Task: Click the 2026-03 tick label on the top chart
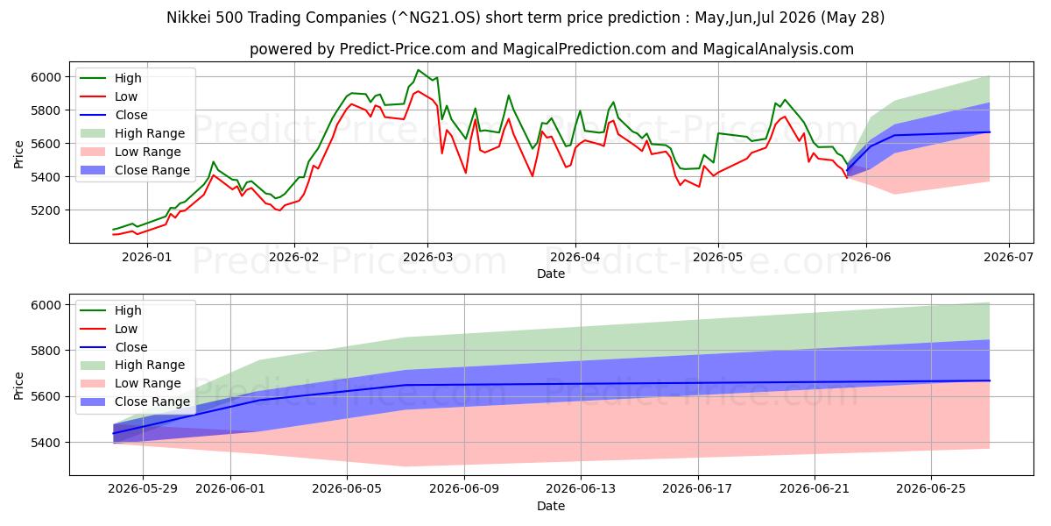pyautogui.click(x=427, y=257)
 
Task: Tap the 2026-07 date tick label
pyautogui.click(x=1009, y=257)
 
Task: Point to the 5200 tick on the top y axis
pyautogui.click(x=46, y=210)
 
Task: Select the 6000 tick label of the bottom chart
pyautogui.click(x=46, y=305)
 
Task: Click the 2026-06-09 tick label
pyautogui.click(x=464, y=489)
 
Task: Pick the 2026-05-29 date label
pyautogui.click(x=143, y=489)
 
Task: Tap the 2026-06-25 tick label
pyautogui.click(x=931, y=489)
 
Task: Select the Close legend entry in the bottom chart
pyautogui.click(x=114, y=347)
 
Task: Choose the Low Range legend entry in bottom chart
pyautogui.click(x=130, y=383)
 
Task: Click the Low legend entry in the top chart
pyautogui.click(x=109, y=96)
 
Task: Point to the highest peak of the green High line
pyautogui.click(x=418, y=70)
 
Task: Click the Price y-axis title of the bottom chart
pyautogui.click(x=18, y=386)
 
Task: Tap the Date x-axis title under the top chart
pyautogui.click(x=551, y=274)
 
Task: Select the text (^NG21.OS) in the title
pyautogui.click(x=436, y=18)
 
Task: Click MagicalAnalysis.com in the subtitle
pyautogui.click(x=778, y=49)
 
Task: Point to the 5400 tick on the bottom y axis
pyautogui.click(x=46, y=443)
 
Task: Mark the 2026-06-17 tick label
pyautogui.click(x=697, y=489)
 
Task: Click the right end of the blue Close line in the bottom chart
pyautogui.click(x=990, y=380)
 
